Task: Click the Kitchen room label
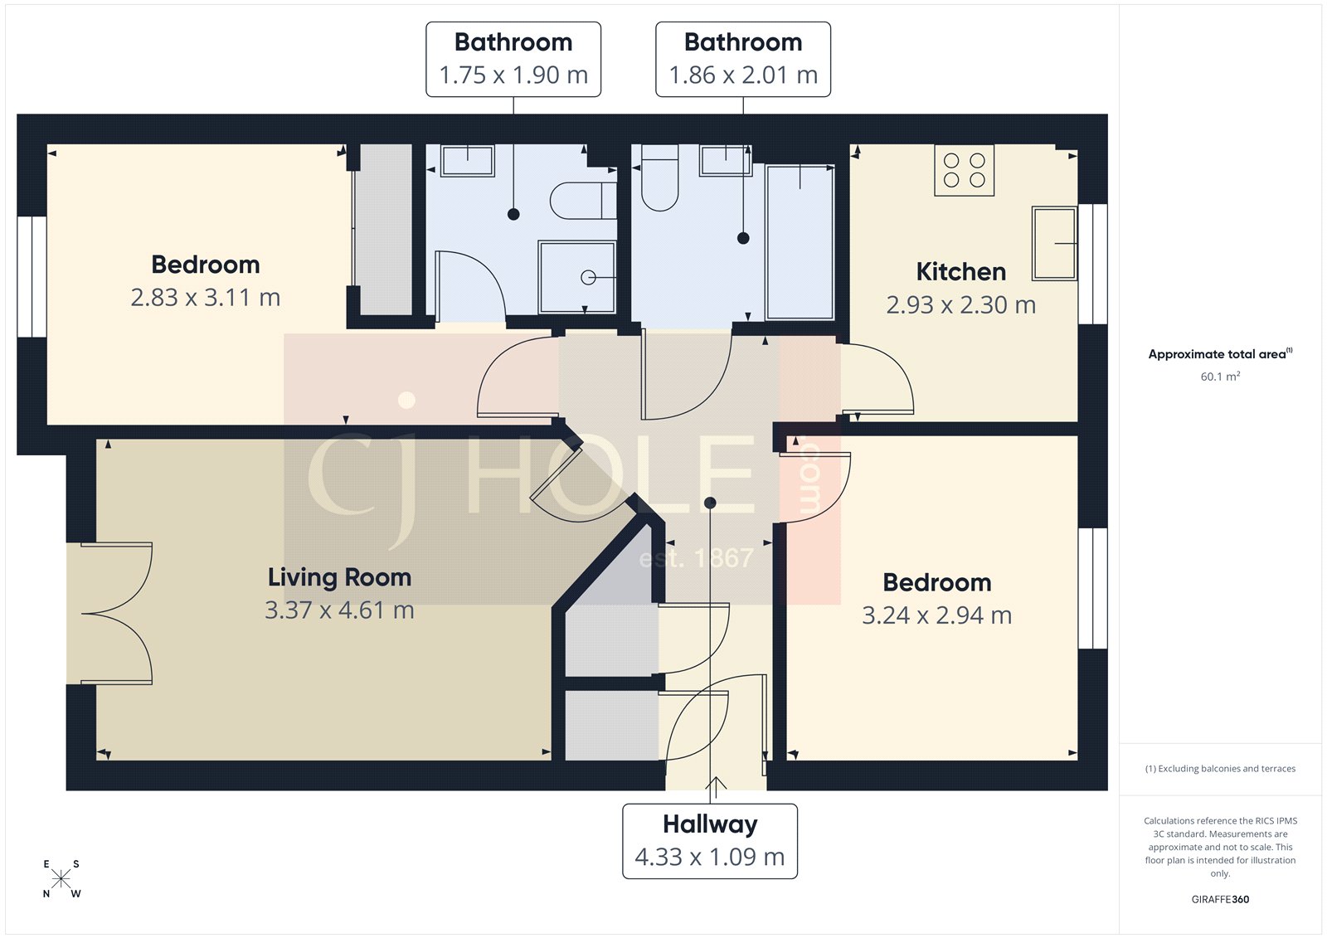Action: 960,272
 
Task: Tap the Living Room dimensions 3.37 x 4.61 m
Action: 339,610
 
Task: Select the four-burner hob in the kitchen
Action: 964,170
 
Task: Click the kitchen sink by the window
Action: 1054,243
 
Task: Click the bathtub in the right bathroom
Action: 800,242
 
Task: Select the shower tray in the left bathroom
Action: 577,277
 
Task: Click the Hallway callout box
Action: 710,841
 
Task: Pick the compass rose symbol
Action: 61,879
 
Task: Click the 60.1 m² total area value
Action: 1220,377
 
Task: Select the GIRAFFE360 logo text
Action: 1220,899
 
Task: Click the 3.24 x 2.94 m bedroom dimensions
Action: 936,616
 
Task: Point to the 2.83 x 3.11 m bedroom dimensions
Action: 205,298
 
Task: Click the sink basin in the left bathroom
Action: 468,160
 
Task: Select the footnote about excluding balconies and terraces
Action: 1220,769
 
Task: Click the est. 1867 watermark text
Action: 696,558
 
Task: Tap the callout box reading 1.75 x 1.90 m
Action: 513,60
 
